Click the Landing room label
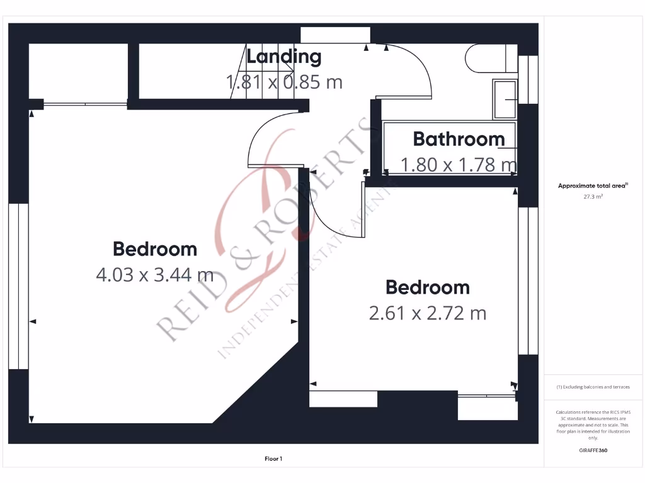[283, 57]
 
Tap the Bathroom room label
[459, 139]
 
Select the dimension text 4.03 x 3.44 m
[154, 274]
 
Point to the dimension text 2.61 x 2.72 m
[428, 313]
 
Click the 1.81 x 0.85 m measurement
[284, 82]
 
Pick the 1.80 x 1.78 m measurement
[459, 165]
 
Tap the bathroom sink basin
[505, 99]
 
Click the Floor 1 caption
[273, 459]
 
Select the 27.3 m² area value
[593, 196]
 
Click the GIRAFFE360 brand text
[593, 450]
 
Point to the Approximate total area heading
[593, 186]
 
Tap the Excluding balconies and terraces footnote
[593, 387]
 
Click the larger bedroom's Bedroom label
[154, 249]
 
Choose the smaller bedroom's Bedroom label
[428, 287]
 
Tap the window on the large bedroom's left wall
[19, 286]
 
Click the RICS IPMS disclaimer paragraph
[593, 425]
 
